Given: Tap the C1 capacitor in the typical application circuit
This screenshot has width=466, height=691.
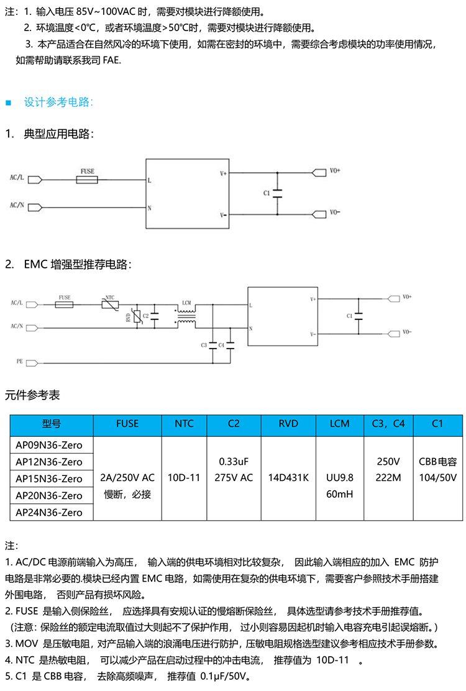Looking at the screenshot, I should click(277, 193).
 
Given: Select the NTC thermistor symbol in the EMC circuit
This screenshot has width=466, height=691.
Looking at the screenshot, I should click(110, 304).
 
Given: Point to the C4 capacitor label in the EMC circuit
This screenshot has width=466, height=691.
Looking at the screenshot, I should click(222, 345).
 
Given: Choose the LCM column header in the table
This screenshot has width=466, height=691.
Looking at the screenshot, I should click(339, 424).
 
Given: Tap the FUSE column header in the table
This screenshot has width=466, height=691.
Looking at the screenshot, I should click(127, 424).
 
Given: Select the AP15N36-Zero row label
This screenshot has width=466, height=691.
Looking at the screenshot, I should click(49, 478).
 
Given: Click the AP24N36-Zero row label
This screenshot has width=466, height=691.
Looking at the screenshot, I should click(49, 512).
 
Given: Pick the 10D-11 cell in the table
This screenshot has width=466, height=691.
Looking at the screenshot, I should click(184, 478).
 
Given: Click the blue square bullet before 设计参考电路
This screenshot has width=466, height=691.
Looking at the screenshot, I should click(8, 102).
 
